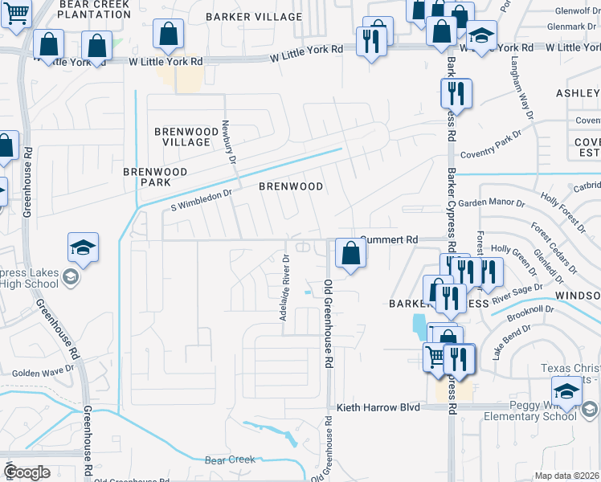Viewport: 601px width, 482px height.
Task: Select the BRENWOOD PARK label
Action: coord(155,177)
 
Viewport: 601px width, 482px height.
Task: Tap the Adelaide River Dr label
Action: coord(284,287)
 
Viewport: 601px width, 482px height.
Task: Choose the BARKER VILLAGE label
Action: coord(254,16)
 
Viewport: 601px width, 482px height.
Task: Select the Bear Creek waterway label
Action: coord(230,460)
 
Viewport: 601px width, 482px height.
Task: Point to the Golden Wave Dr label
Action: coord(43,373)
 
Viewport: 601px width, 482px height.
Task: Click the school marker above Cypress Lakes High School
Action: coord(84,247)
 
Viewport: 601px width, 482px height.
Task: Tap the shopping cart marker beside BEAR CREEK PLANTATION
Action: coord(16,14)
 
